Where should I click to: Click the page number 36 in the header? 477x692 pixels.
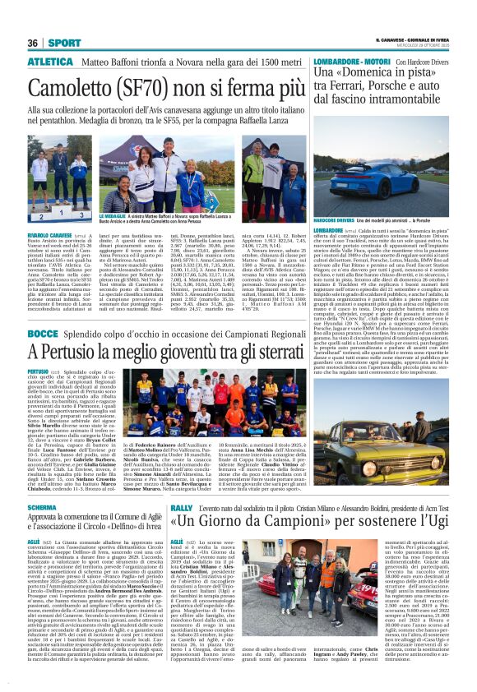pos(33,43)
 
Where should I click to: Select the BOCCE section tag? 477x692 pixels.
pos(43,334)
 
